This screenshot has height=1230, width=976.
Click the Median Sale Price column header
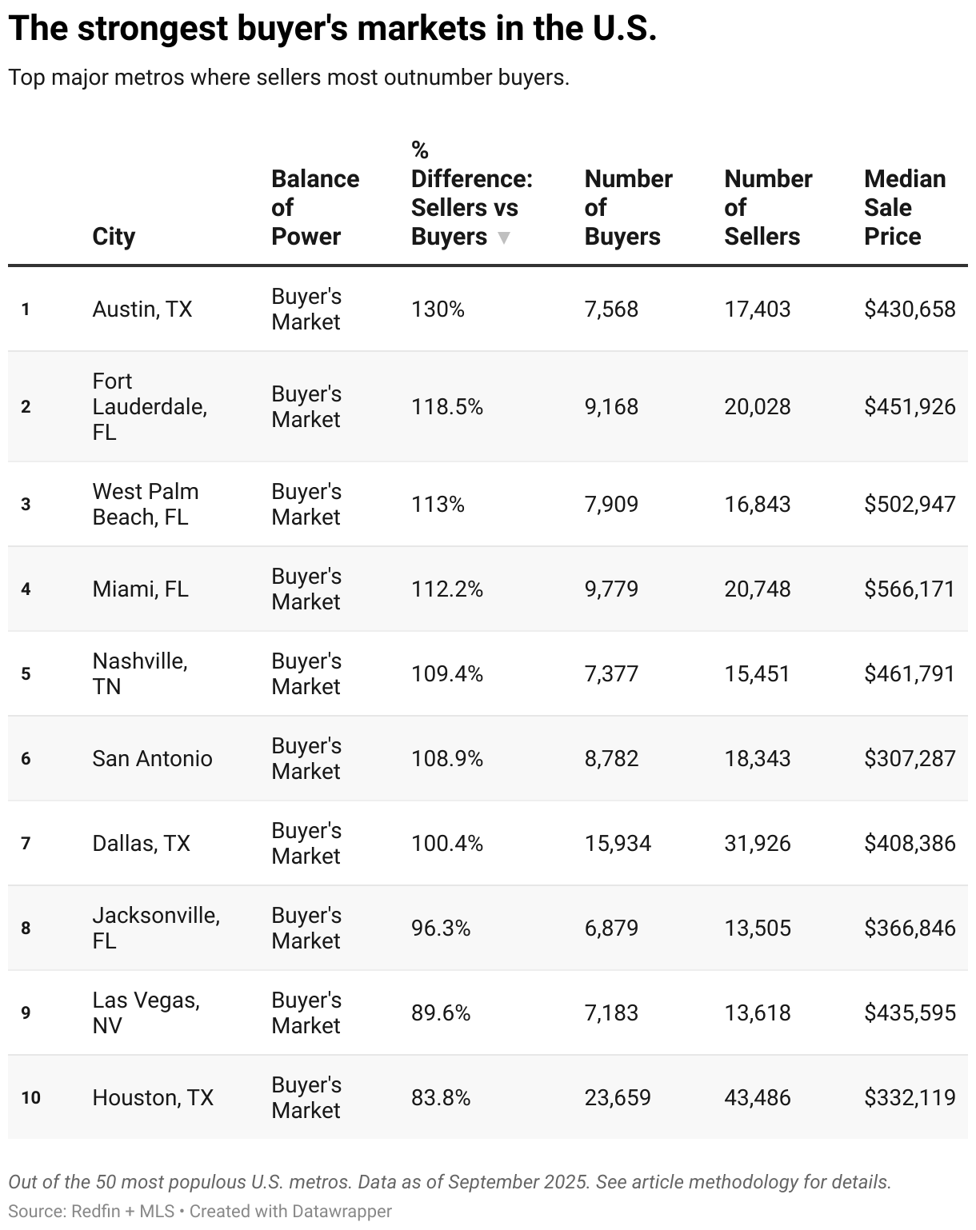coord(904,207)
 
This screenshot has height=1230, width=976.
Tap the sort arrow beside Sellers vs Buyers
coord(503,238)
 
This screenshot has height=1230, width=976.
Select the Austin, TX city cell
coord(142,309)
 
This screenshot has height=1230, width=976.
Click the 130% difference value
coord(438,309)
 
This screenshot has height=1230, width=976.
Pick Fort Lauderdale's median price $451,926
coord(910,407)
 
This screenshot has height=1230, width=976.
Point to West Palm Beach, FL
coord(146,504)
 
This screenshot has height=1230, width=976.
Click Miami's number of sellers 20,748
coord(757,589)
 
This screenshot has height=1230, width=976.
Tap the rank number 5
coord(26,674)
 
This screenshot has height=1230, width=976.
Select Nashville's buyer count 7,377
coord(611,674)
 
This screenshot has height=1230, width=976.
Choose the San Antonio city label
coord(152,759)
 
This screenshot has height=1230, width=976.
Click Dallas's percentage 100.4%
coord(446,844)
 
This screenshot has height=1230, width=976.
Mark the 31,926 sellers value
coord(757,844)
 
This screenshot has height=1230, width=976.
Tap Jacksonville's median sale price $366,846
coord(910,928)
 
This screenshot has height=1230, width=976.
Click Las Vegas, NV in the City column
coord(146,1012)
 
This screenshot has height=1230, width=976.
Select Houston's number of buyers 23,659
coord(618,1098)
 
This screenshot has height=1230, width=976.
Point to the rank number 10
coord(30,1098)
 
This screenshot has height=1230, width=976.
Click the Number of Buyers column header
coord(628,207)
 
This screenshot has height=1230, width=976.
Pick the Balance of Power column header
coord(315,207)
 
